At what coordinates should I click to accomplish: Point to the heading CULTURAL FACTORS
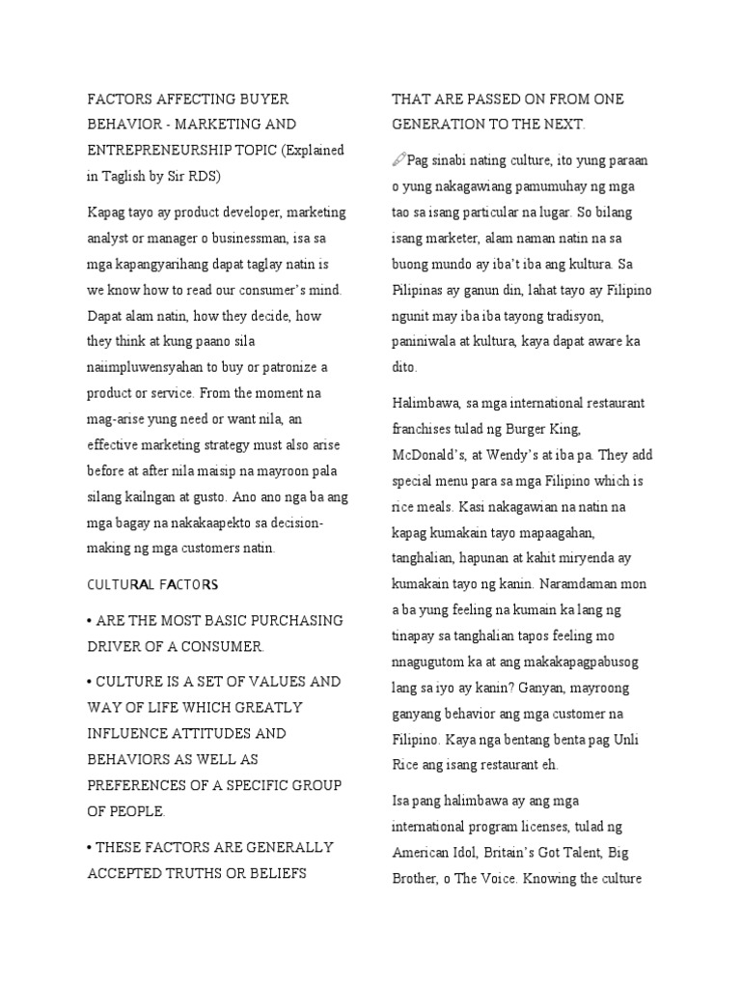coord(153,584)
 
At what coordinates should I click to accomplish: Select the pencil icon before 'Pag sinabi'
coord(398,158)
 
